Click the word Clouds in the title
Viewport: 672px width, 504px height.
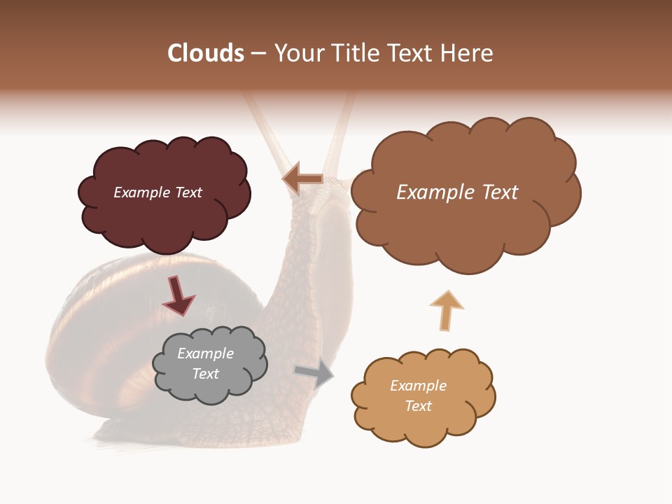tap(206, 53)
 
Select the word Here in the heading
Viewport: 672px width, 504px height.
tap(467, 53)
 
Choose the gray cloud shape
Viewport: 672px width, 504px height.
tap(209, 389)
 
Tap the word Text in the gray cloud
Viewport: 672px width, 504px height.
tap(206, 374)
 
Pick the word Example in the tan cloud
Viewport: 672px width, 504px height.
tap(418, 386)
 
